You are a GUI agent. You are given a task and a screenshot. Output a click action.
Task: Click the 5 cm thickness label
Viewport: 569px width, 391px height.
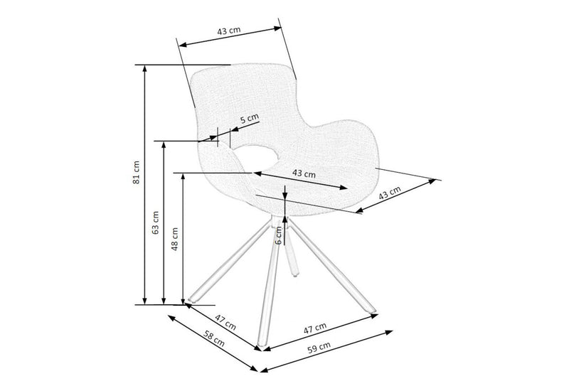[x=250, y=119]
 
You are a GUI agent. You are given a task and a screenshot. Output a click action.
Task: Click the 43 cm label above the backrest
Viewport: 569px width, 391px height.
[x=229, y=33]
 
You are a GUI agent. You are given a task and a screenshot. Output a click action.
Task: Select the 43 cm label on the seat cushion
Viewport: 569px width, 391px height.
[x=304, y=173]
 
